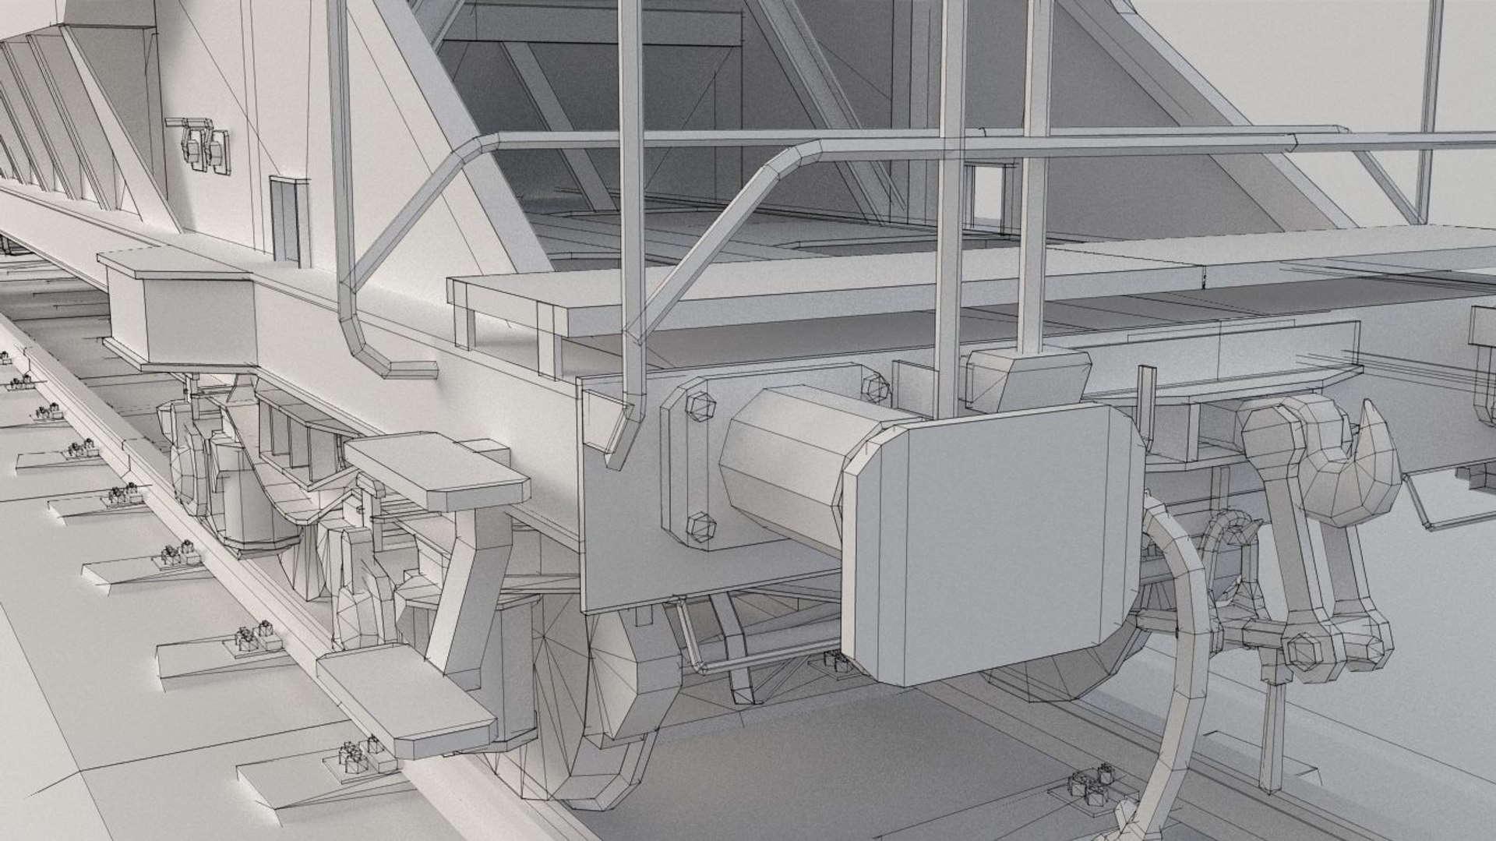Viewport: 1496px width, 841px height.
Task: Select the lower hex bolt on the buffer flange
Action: pos(700,528)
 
